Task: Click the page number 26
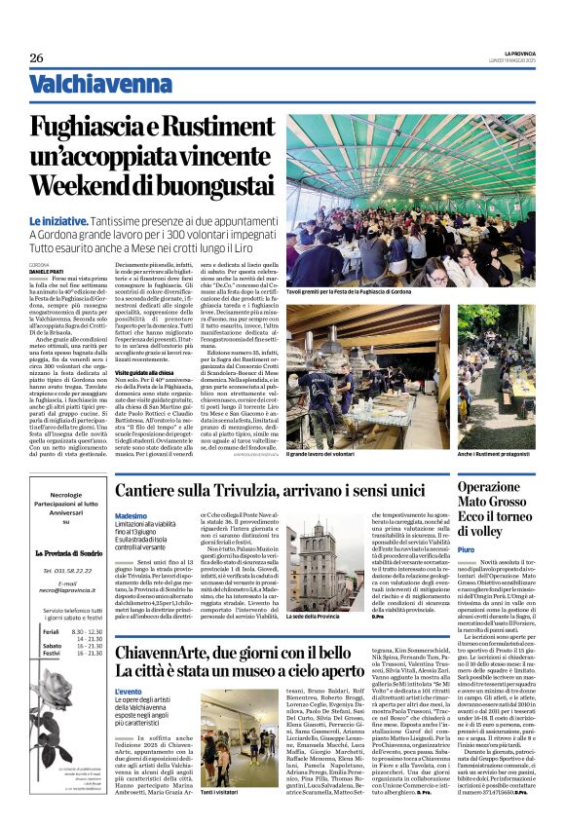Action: [36, 57]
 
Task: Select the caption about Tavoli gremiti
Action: [349, 291]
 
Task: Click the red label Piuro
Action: [468, 550]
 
